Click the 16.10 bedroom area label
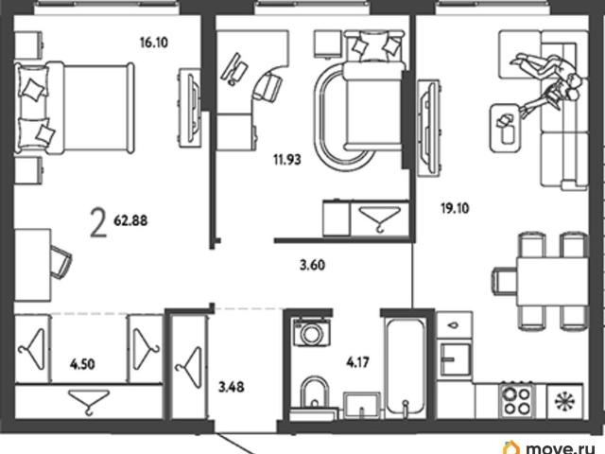point(154,42)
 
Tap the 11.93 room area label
point(287,160)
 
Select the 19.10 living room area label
point(455,208)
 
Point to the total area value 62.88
point(130,220)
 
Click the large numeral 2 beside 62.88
point(98,222)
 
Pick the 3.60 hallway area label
point(313,265)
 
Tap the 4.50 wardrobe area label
point(82,364)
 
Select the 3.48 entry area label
point(232,387)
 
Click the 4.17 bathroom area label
point(358,362)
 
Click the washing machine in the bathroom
point(311,332)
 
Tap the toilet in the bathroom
point(315,393)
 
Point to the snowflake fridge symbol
point(564,401)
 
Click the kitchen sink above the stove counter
point(456,359)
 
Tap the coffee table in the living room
point(505,129)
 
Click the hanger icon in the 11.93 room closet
point(380,218)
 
